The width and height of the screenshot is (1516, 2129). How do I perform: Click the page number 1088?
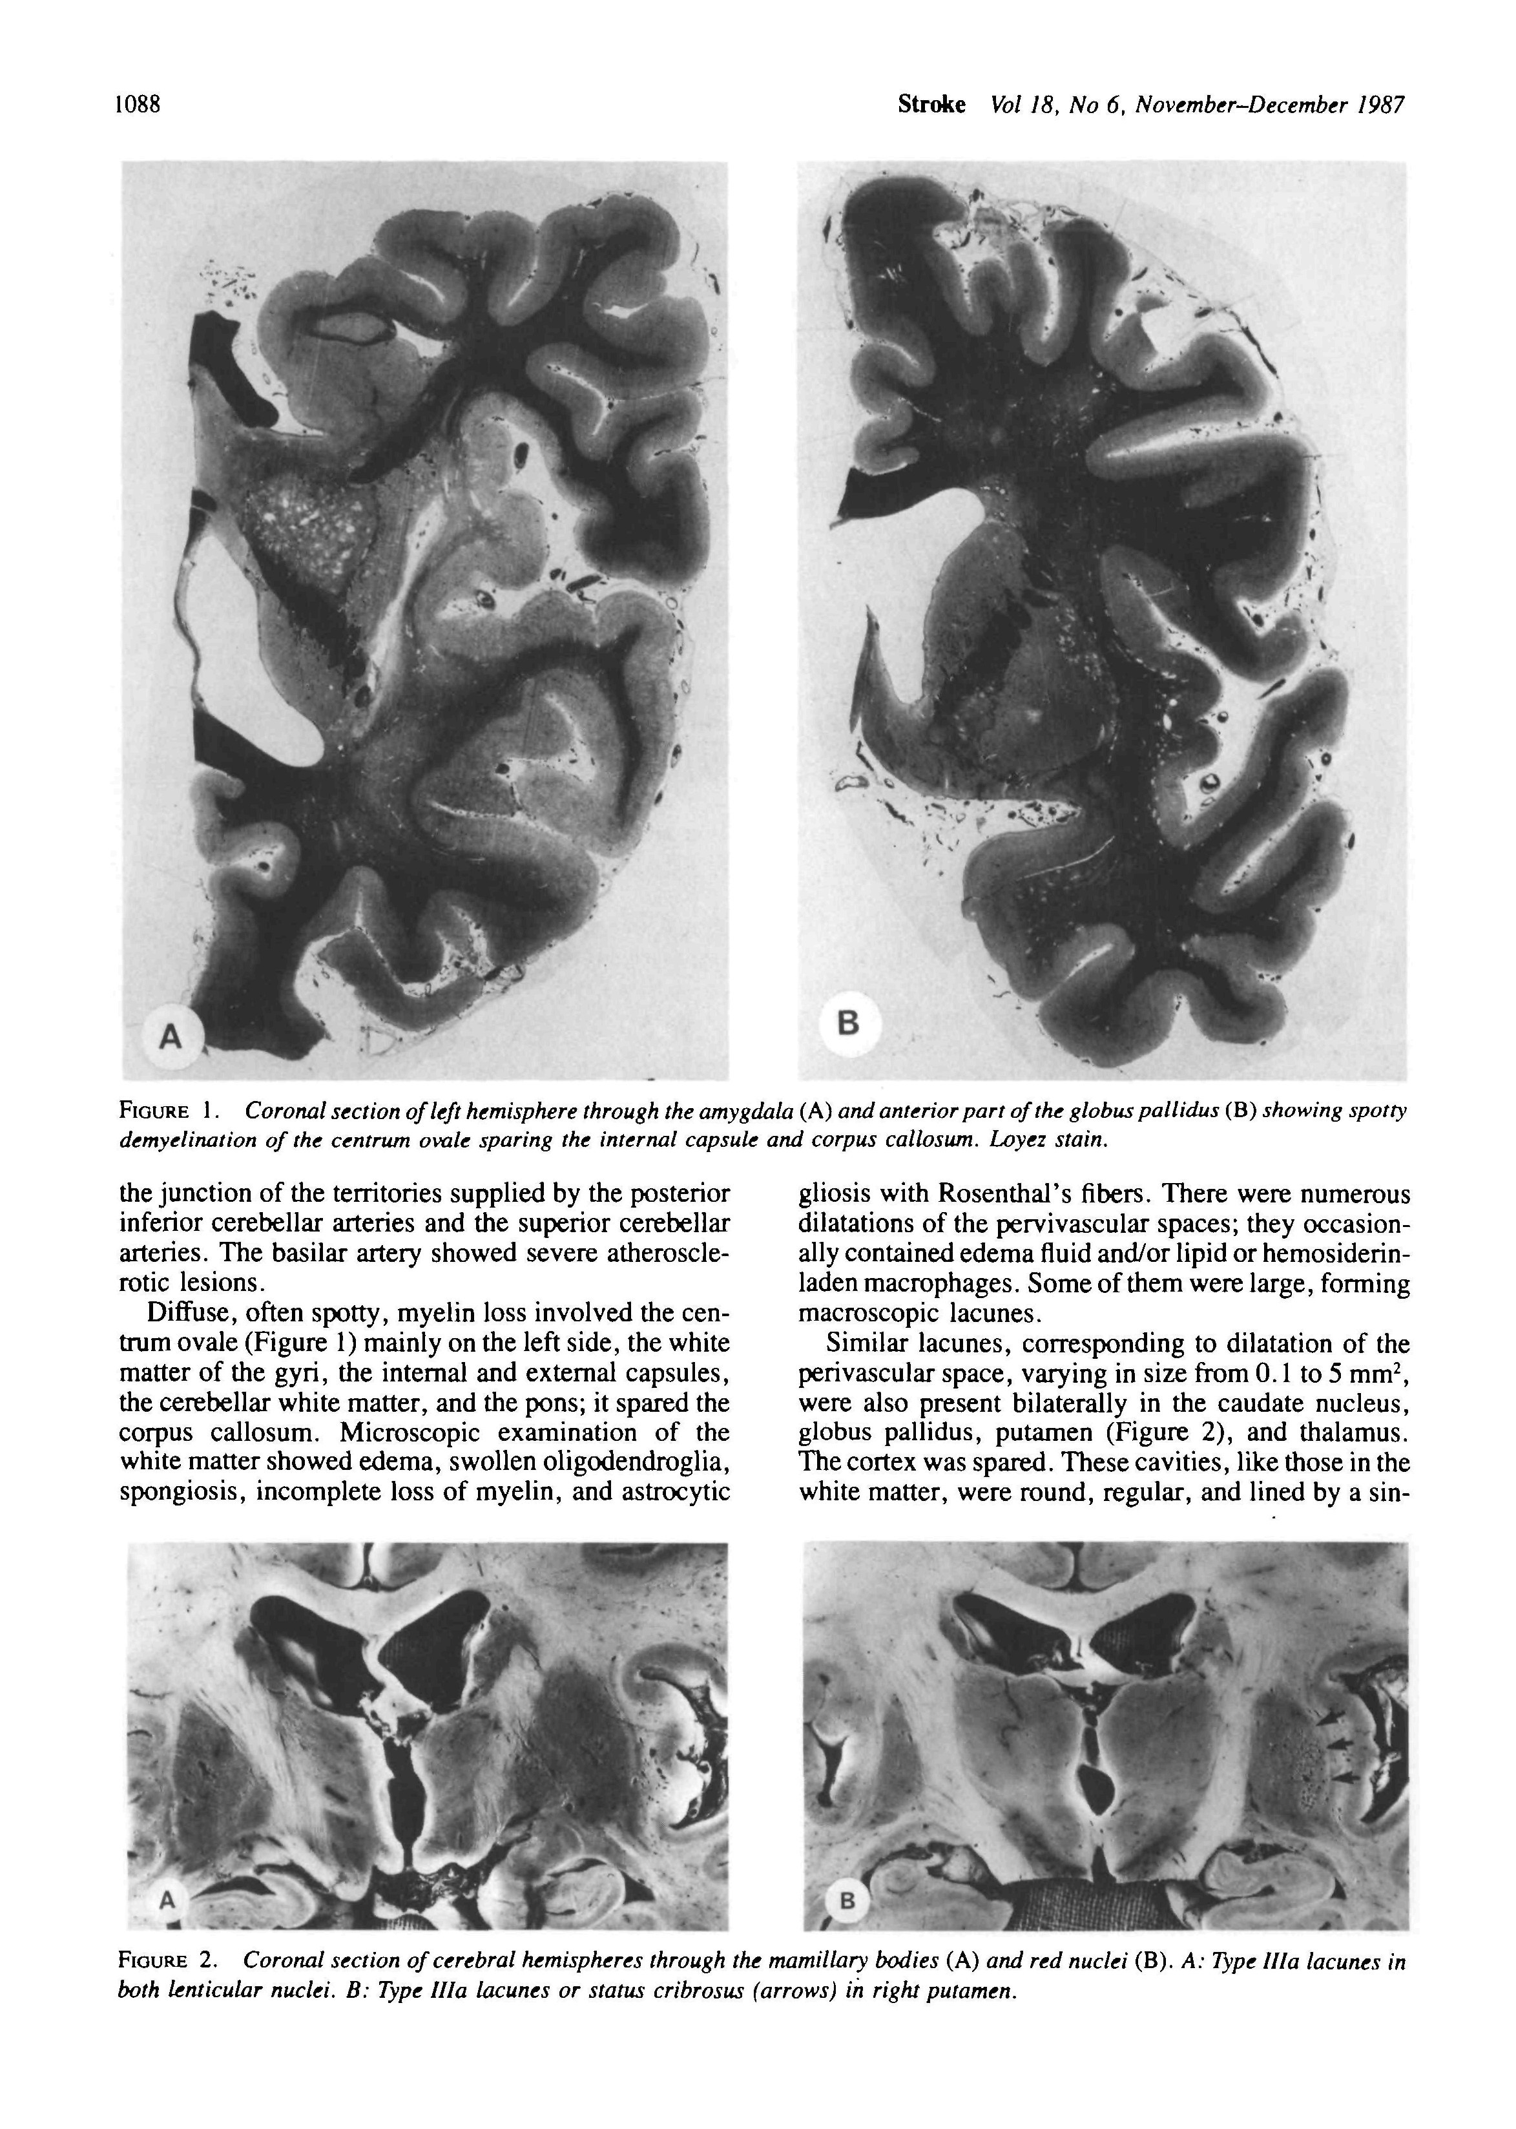pos(138,105)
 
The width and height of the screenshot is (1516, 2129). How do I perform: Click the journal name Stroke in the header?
pos(931,105)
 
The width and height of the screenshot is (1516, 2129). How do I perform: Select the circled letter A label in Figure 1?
pos(169,1036)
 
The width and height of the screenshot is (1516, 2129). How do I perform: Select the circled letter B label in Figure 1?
pos(847,1024)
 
